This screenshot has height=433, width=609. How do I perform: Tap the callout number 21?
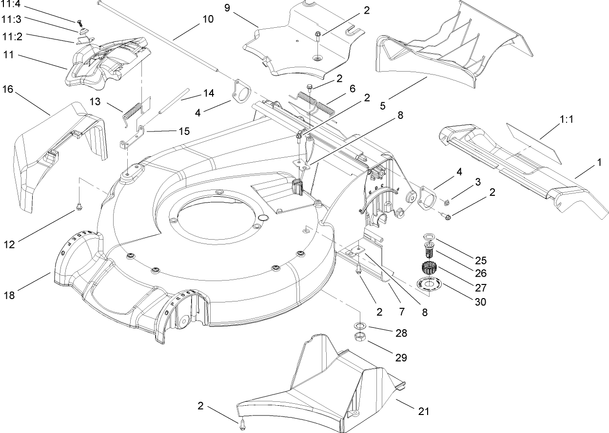click(x=424, y=412)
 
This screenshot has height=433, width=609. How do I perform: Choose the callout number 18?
click(x=10, y=295)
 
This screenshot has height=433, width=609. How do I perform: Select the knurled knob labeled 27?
click(x=428, y=268)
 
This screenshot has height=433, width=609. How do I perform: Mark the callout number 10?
click(x=208, y=19)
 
